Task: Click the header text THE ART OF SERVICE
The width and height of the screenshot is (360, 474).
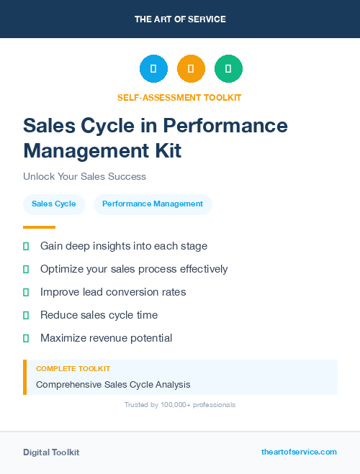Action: point(180,19)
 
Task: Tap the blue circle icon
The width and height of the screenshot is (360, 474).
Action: point(153,69)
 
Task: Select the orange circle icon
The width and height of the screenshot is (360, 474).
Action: point(191,69)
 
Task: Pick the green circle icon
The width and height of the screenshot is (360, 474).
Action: point(228,69)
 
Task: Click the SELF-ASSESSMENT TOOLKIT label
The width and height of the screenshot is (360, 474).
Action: point(179,97)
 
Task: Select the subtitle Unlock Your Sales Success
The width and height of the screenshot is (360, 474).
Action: point(84,176)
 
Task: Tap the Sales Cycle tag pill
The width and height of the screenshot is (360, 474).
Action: point(54,204)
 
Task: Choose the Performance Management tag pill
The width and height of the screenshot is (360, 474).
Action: point(153,204)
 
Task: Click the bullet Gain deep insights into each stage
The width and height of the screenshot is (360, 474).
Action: point(124,246)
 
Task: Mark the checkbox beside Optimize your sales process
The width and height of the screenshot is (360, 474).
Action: point(26,269)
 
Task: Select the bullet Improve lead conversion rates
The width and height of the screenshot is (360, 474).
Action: point(113,292)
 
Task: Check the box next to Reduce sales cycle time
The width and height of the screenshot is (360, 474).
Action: point(26,315)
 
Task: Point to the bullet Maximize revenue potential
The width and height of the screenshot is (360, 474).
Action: point(106,338)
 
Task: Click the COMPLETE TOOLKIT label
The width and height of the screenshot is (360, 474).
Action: point(73,368)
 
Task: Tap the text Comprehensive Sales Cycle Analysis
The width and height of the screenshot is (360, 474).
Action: point(113,385)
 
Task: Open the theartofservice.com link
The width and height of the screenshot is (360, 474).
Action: point(299,452)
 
